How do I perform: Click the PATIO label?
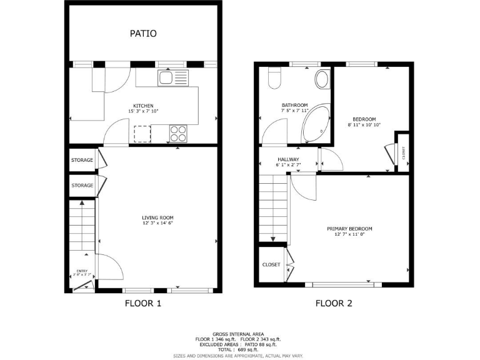pos(143,33)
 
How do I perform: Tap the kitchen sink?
pos(167,77)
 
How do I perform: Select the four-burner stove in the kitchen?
pos(178,132)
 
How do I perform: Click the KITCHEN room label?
pos(143,106)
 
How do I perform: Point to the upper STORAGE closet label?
pos(82,160)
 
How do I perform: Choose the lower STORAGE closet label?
pos(82,186)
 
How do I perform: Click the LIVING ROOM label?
pos(157,217)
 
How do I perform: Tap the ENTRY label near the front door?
pos(80,270)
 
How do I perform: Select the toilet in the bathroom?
pos(274,78)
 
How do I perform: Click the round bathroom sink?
pos(322,79)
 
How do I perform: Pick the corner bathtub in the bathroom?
pos(315,126)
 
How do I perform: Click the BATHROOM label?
pos(294,105)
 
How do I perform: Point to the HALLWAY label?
pos(288,159)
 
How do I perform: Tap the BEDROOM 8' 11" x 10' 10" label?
pos(364,119)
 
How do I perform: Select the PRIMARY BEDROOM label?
pos(349,229)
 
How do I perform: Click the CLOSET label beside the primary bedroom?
pos(271,264)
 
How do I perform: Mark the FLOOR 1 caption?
pos(143,304)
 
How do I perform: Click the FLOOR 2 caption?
pos(334,304)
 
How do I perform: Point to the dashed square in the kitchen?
pos(142,134)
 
